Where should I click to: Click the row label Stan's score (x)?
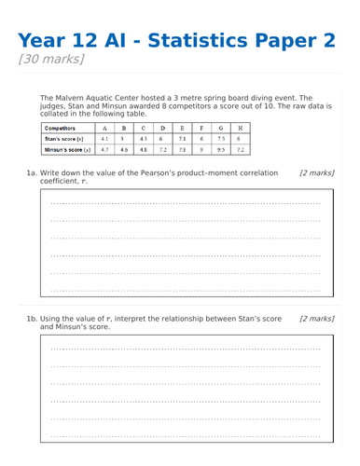click(x=67, y=138)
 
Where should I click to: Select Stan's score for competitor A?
click(x=103, y=138)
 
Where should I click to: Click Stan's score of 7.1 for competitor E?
click(x=182, y=138)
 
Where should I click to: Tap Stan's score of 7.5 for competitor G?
click(x=221, y=138)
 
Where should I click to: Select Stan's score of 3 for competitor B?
click(x=122, y=138)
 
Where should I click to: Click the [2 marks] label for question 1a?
click(x=316, y=172)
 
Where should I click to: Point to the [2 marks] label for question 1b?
click(x=316, y=319)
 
